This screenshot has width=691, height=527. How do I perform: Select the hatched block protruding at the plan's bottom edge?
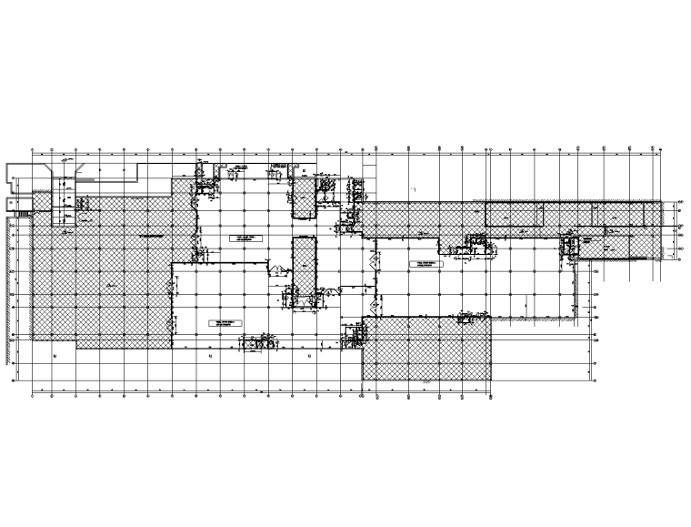[x=427, y=350]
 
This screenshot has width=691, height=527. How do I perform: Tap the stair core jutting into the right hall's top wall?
[x=476, y=243]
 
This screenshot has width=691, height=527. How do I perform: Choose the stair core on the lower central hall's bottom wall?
[x=256, y=343]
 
